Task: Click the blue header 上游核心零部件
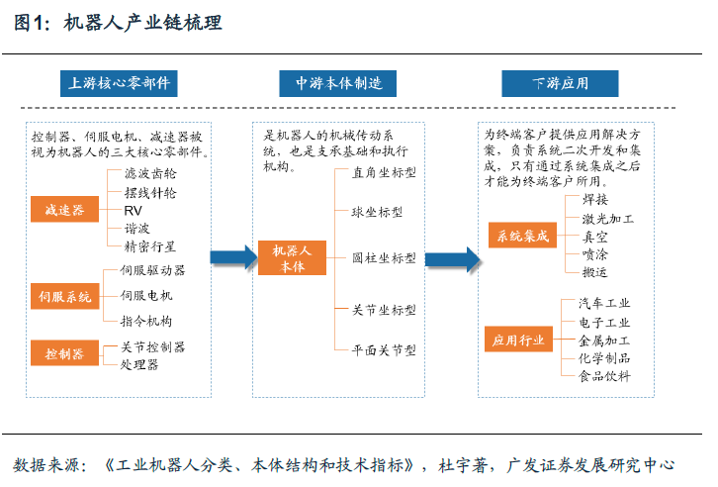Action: pyautogui.click(x=119, y=83)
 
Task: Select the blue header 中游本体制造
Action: pyautogui.click(x=338, y=83)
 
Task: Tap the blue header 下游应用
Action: pyautogui.click(x=560, y=83)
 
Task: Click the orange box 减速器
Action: pyautogui.click(x=64, y=210)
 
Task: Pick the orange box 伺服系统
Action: pyautogui.click(x=64, y=296)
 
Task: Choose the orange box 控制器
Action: pyautogui.click(x=64, y=352)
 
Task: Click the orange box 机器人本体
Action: pyautogui.click(x=292, y=258)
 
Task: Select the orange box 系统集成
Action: pyautogui.click(x=522, y=236)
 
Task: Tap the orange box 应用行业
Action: pyautogui.click(x=519, y=340)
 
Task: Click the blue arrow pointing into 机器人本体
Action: pyautogui.click(x=234, y=257)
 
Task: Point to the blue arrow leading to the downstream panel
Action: pyautogui.click(x=452, y=259)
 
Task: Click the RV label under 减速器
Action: pyautogui.click(x=133, y=211)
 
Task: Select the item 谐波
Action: pyautogui.click(x=136, y=229)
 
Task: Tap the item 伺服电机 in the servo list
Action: pyautogui.click(x=146, y=296)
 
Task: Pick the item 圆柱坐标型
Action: pyautogui.click(x=384, y=258)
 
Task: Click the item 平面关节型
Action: pyautogui.click(x=384, y=350)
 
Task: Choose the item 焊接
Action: pyautogui.click(x=594, y=199)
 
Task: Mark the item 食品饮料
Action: pyautogui.click(x=604, y=376)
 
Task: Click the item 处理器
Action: pyautogui.click(x=139, y=364)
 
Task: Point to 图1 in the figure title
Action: pyautogui.click(x=31, y=23)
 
